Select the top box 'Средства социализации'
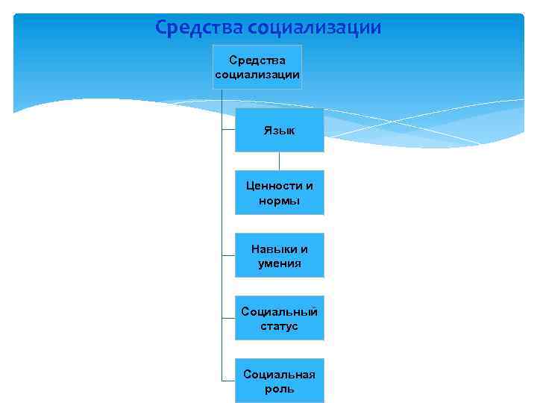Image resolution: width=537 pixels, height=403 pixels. tap(257, 67)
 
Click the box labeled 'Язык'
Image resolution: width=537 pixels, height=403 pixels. tap(279, 130)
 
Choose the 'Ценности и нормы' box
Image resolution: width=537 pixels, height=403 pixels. tap(279, 193)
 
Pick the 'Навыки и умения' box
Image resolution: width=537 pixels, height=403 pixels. tap(279, 255)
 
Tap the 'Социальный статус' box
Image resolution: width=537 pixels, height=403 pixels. tap(279, 318)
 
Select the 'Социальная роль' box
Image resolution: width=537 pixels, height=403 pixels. tap(279, 381)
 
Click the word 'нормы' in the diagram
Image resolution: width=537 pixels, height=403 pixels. tap(279, 201)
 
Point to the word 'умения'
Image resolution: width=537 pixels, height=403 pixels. tap(279, 263)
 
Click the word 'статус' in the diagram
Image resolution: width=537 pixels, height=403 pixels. tap(279, 326)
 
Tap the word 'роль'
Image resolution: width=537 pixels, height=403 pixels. tap(279, 389)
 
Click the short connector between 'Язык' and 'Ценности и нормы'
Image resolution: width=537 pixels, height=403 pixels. tap(279, 161)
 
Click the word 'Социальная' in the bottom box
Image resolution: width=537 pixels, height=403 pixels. tap(279, 374)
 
